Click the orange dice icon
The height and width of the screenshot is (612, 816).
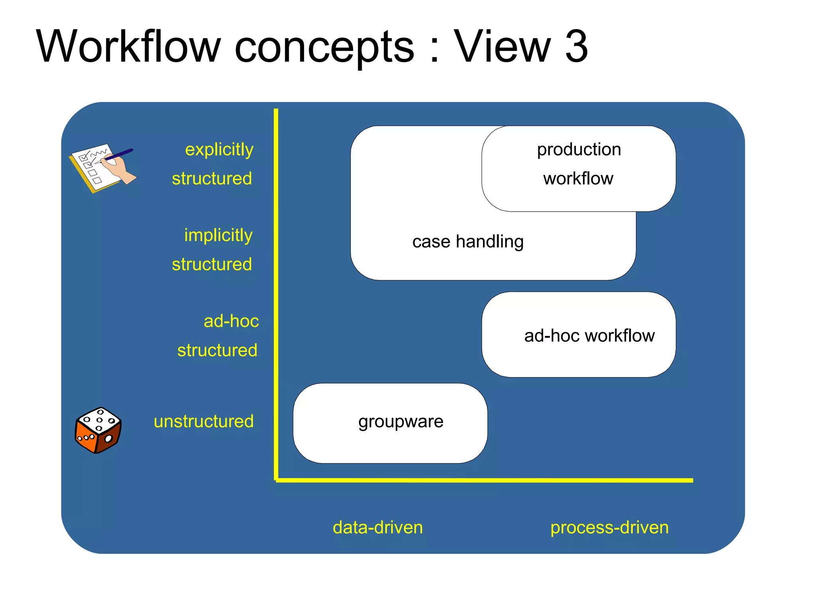click(x=98, y=430)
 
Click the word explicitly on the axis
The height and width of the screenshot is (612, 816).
click(x=219, y=150)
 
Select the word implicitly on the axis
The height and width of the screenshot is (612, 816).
click(x=218, y=235)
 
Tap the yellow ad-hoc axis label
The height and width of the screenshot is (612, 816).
click(x=231, y=321)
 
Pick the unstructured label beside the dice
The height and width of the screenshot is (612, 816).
click(x=204, y=422)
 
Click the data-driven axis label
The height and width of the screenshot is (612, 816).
click(x=378, y=528)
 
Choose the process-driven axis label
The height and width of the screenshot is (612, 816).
click(x=609, y=528)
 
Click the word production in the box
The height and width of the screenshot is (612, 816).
click(x=579, y=150)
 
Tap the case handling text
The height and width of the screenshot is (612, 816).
click(x=468, y=241)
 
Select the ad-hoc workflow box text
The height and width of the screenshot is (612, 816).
click(x=589, y=336)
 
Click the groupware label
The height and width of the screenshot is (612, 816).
click(x=400, y=422)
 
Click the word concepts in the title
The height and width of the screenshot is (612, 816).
click(x=324, y=47)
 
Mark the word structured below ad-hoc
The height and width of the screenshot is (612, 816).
click(x=217, y=351)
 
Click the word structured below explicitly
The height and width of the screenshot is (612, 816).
click(x=212, y=178)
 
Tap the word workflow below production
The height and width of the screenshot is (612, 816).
click(x=578, y=178)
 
